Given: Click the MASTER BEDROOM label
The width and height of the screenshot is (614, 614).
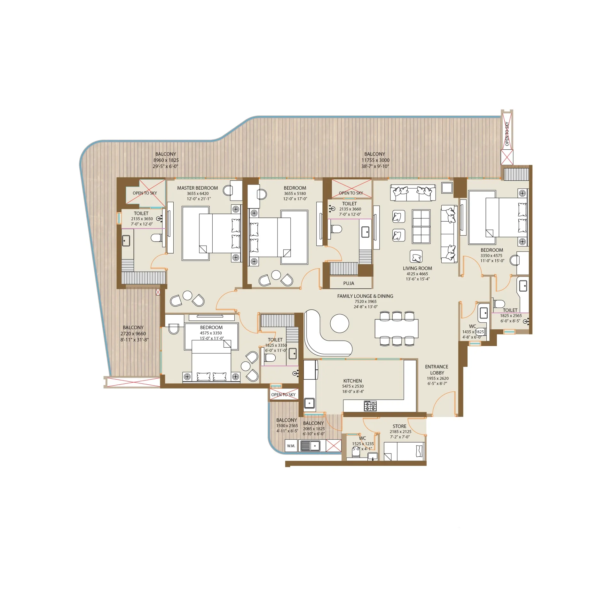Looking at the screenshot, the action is click(x=197, y=188).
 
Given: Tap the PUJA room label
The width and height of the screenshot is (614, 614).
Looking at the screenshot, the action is click(x=349, y=283).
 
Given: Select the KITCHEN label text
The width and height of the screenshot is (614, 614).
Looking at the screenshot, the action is click(x=352, y=381).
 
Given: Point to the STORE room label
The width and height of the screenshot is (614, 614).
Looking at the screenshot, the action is click(x=399, y=426).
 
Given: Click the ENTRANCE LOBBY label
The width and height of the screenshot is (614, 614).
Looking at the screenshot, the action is click(x=437, y=370).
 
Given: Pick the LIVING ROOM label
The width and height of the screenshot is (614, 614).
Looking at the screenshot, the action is click(x=417, y=268).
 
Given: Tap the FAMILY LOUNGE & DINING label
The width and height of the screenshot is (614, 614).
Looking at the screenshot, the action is click(x=365, y=296).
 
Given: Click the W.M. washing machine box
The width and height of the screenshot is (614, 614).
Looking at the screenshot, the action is click(x=291, y=446).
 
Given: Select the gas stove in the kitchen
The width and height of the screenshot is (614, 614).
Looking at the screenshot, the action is click(x=370, y=406).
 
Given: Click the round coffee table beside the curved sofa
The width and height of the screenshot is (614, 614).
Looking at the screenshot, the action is click(x=339, y=324).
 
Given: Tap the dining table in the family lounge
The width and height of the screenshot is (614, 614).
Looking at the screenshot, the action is click(x=397, y=328).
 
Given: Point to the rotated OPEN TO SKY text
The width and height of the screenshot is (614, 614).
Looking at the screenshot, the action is click(x=507, y=134).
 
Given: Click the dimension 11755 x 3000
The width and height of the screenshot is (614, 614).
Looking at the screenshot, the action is click(x=375, y=160).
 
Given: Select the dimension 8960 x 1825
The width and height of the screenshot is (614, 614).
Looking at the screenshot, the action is click(x=166, y=160).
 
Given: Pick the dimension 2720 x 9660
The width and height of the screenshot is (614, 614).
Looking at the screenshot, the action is click(x=133, y=334).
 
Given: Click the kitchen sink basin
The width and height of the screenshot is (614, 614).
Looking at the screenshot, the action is click(x=309, y=403).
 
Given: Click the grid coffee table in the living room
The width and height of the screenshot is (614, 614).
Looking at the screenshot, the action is click(x=421, y=227).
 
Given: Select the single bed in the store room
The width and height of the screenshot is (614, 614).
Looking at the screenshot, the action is click(x=404, y=451).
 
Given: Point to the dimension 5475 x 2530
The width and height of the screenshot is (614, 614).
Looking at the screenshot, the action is click(x=353, y=386).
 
